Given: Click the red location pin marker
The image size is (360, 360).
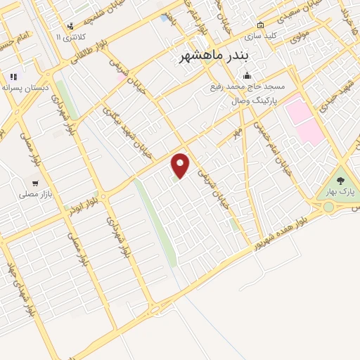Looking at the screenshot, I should pos(181,165).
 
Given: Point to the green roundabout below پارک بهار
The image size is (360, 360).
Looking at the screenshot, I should pos(328,207).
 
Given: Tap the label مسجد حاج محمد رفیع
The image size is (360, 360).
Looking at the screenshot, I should pos(247,87).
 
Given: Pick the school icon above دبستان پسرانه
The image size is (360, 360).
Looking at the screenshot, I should pos(13,77).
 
